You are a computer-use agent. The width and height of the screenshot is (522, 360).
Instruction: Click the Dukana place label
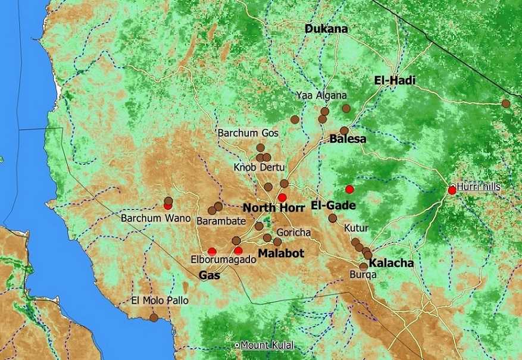[326, 28]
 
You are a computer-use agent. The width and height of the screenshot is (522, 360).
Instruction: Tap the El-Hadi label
[395, 80]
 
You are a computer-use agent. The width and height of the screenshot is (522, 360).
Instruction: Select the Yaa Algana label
[321, 95]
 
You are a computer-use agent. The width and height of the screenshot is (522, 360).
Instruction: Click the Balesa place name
[348, 139]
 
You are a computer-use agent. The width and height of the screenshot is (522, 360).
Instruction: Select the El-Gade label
[333, 206]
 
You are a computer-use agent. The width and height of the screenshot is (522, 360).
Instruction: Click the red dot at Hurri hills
[452, 190]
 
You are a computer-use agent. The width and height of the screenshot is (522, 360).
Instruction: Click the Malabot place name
[280, 253]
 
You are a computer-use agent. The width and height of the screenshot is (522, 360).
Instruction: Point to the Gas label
[209, 275]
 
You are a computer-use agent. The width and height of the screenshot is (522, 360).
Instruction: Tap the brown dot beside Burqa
[363, 267]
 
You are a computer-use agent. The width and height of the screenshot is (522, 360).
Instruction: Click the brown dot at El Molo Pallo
[154, 317]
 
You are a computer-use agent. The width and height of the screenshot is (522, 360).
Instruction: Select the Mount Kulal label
[267, 345]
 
